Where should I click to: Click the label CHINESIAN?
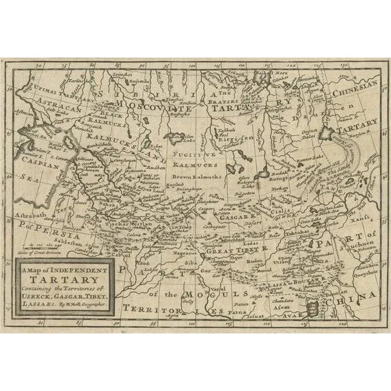(x=353, y=88)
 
